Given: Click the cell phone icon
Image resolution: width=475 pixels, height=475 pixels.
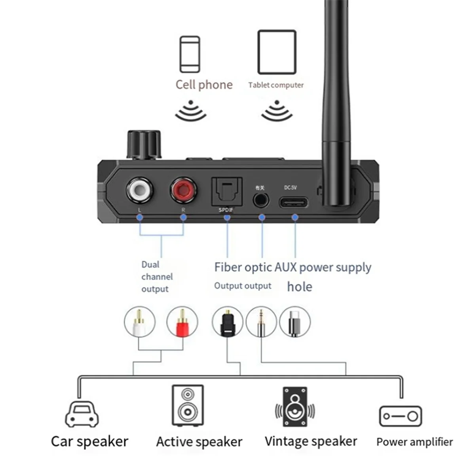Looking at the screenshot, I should click(190, 55).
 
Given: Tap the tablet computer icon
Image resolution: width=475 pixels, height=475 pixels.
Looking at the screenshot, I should click(277, 52).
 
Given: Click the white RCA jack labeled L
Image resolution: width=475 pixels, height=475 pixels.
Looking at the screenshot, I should click(139, 190).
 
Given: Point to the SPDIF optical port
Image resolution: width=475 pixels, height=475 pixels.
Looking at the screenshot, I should click(226, 192).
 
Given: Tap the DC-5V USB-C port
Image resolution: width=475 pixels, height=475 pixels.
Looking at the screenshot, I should click(294, 202).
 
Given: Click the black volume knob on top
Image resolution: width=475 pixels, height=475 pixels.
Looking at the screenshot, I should click(144, 145).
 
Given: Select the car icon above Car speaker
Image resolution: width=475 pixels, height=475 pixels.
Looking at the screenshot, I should click(82, 414).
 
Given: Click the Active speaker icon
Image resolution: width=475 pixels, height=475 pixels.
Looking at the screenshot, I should click(188, 405).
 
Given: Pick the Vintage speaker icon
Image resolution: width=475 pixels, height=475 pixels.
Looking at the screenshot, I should click(295, 407).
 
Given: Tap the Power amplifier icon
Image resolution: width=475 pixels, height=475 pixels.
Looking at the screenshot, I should click(401, 416).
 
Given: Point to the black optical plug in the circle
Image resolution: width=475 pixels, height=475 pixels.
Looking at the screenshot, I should click(227, 323).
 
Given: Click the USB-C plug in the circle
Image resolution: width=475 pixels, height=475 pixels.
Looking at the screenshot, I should click(294, 323).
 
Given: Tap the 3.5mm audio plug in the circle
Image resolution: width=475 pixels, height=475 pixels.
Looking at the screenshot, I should click(261, 323).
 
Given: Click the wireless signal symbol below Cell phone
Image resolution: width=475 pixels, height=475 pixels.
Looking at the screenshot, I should click(191, 111).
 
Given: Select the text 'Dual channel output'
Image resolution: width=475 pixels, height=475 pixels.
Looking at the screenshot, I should click(157, 277).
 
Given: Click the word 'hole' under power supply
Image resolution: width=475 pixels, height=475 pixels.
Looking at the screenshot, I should click(300, 287).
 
